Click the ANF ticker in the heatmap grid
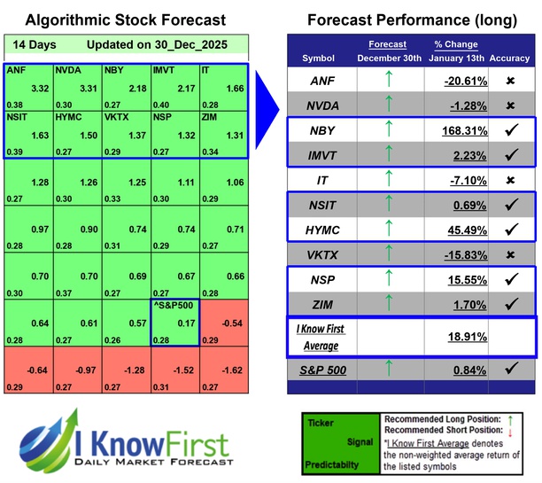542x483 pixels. pos(16,68)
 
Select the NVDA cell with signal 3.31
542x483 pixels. pos(77,88)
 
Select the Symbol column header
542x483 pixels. pos(319,58)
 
